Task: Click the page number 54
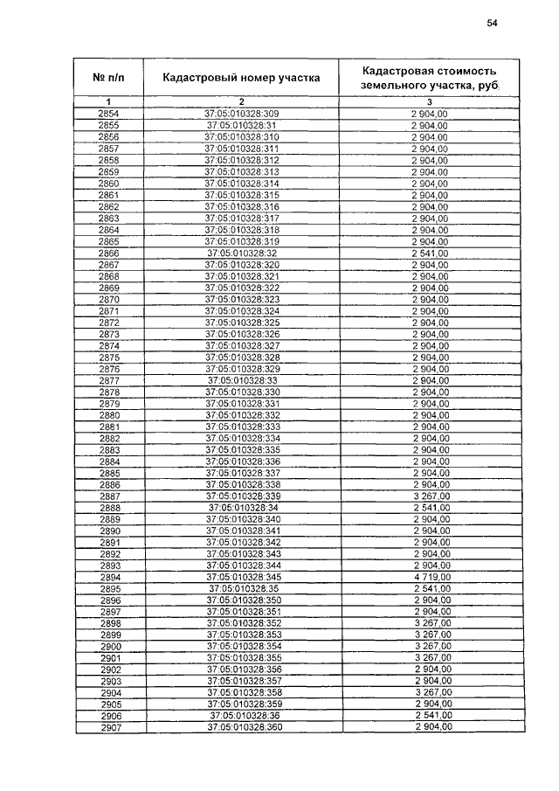point(492,24)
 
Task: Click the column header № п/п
point(109,78)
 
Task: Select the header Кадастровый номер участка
point(241,78)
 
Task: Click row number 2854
point(109,114)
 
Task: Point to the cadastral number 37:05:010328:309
point(241,114)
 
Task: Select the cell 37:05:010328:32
point(241,253)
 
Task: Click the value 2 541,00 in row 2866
point(430,253)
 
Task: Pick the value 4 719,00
point(430,578)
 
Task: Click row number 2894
point(109,578)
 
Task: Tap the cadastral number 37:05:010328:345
point(241,578)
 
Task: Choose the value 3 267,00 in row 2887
point(430,496)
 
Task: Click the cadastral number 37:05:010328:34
point(241,508)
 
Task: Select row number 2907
point(109,727)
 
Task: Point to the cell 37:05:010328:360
point(241,727)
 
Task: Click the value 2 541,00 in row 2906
point(430,716)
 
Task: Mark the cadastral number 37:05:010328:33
point(241,381)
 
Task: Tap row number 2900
point(109,647)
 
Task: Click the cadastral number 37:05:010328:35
point(241,589)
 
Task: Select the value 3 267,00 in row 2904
point(430,693)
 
